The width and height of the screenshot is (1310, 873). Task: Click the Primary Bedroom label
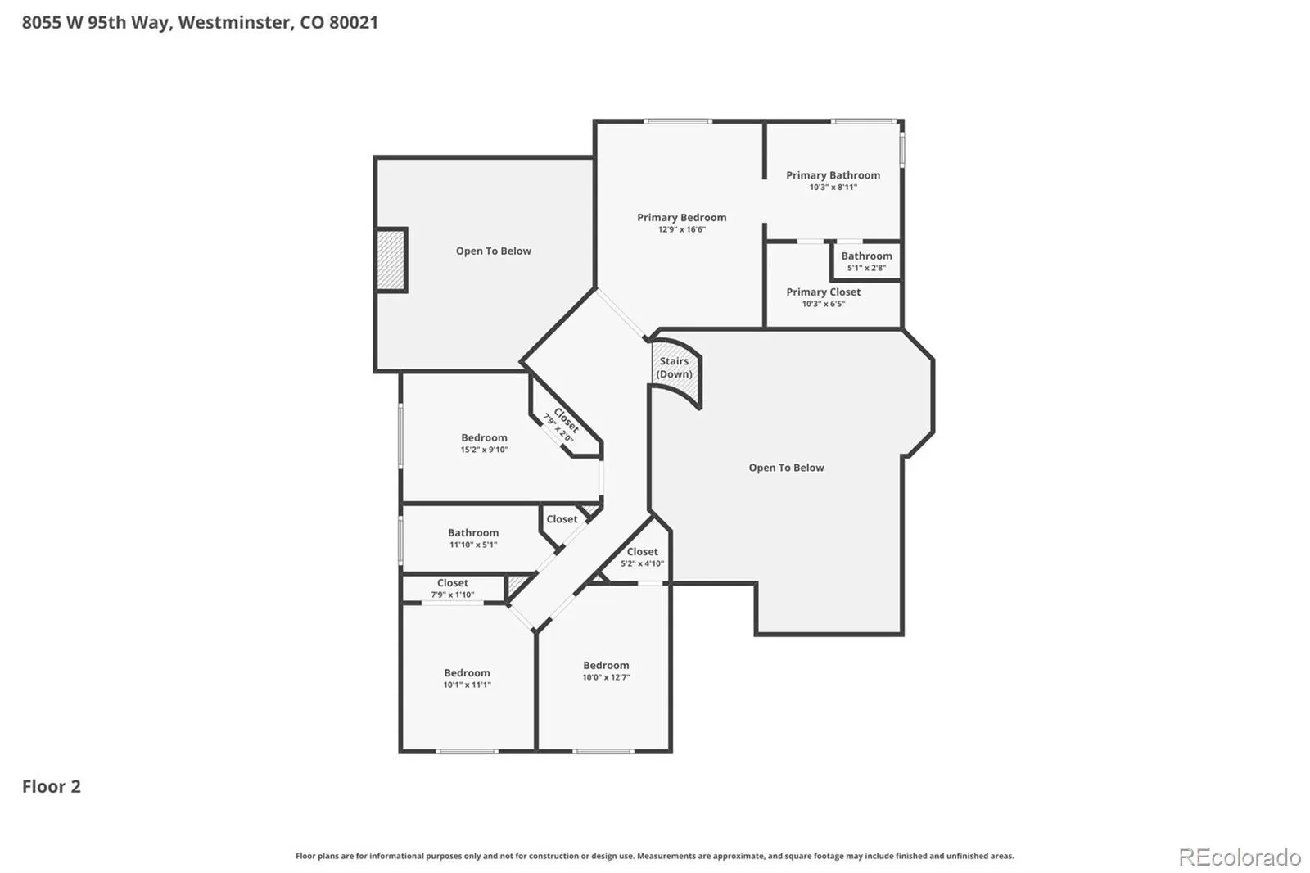(x=681, y=217)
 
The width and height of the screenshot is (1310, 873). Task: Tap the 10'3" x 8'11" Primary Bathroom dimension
(x=833, y=188)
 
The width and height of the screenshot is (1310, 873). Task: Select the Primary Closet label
(x=823, y=292)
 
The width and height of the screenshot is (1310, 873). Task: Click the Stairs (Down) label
(x=674, y=368)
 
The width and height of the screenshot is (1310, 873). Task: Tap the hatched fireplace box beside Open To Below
(x=391, y=260)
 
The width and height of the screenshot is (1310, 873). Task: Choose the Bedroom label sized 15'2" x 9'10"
(x=484, y=437)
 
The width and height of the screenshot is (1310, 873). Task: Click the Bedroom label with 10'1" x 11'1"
(x=467, y=673)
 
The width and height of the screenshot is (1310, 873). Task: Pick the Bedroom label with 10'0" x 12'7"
(x=606, y=665)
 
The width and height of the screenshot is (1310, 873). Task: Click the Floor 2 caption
(x=52, y=786)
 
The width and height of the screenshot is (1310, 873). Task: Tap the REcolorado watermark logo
(x=1240, y=857)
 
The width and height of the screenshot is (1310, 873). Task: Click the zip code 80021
(x=353, y=22)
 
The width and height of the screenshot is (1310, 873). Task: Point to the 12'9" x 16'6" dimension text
(x=681, y=229)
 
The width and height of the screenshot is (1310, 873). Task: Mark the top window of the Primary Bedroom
(x=678, y=121)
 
